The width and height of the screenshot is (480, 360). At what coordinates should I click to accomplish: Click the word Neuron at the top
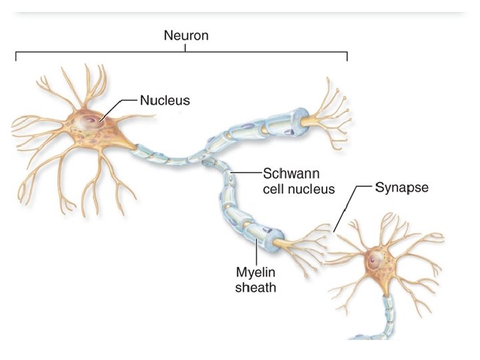pyautogui.click(x=186, y=35)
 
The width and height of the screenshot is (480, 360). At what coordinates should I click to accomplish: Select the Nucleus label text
pyautogui.click(x=165, y=101)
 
